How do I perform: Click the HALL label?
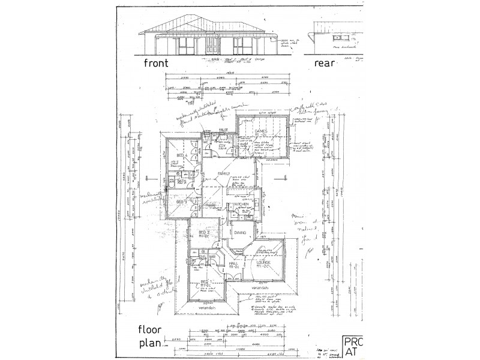pyautogui.click(x=235, y=263)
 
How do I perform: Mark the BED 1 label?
pyautogui.click(x=204, y=282)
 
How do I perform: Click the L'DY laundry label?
pyautogui.click(x=221, y=146)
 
